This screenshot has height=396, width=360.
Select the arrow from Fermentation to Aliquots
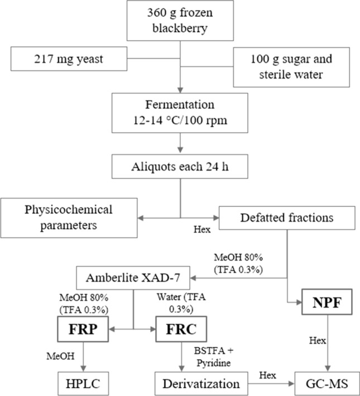click(x=180, y=146)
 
